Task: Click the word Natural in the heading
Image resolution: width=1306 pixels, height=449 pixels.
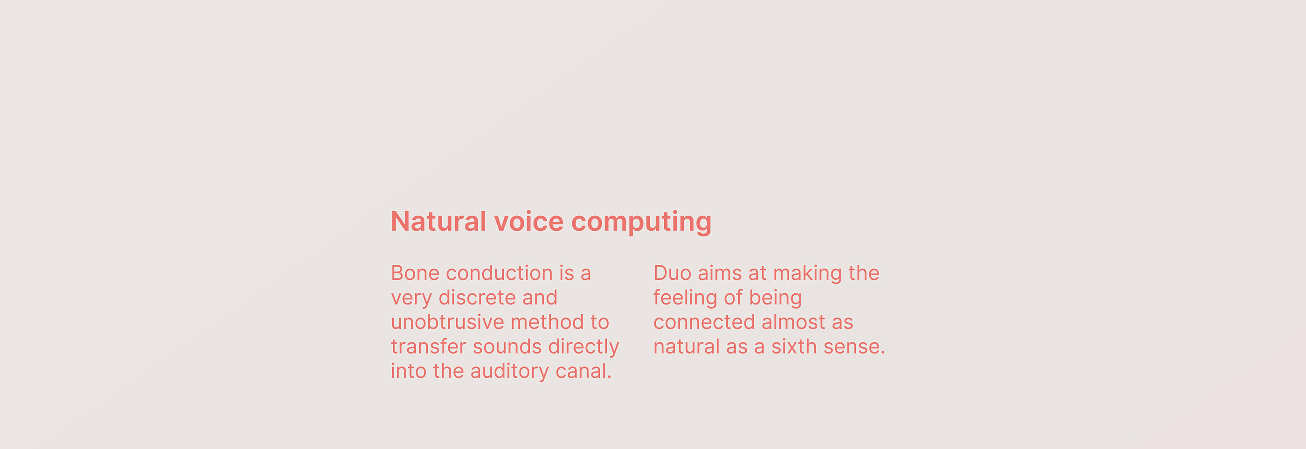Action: tap(438, 221)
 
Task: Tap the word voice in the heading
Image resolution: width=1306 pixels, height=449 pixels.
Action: tap(529, 221)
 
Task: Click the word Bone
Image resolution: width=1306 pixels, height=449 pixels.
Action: tap(415, 273)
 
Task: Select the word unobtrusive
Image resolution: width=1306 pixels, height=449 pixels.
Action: tap(447, 322)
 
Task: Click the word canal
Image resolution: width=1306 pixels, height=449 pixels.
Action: tap(584, 371)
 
